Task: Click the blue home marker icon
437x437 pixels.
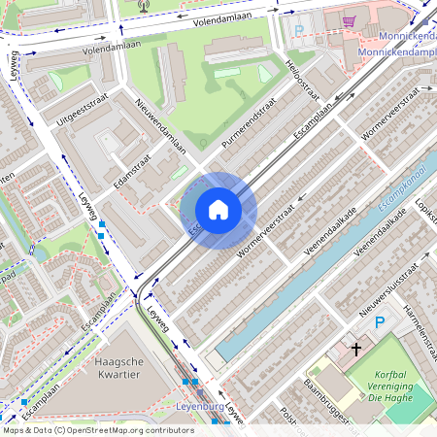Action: coord(218,210)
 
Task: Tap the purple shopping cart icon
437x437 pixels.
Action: coord(348,20)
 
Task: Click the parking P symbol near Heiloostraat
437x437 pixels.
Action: coord(299,31)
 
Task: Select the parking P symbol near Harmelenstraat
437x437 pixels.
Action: coord(381,322)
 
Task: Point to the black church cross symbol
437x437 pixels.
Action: coord(355,348)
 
